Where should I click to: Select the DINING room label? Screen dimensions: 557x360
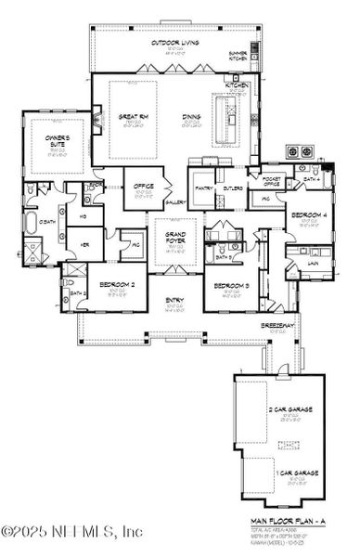click(x=193, y=117)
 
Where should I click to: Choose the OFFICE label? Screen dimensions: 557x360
click(x=143, y=186)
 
